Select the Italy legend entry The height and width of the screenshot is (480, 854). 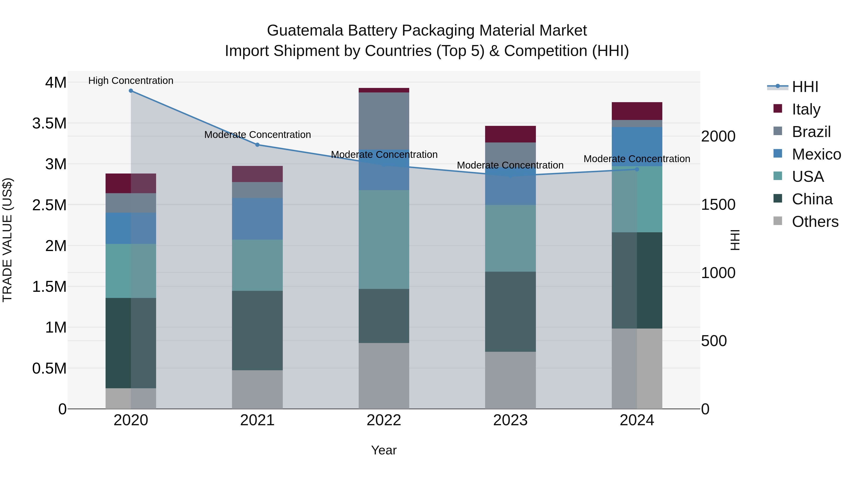806,109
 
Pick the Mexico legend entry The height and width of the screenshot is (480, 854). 816,154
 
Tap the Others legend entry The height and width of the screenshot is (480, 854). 815,222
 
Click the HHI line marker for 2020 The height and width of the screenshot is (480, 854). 131,91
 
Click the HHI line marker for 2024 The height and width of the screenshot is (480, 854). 637,169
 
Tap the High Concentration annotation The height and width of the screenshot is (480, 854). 131,81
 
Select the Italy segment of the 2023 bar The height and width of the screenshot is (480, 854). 510,134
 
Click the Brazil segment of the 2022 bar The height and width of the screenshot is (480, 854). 384,121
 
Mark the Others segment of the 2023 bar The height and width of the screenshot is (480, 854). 510,380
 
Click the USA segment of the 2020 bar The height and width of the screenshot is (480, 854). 131,271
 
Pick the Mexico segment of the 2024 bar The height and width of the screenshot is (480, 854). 637,146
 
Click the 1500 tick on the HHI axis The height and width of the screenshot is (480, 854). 718,205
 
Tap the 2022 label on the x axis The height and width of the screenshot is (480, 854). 384,420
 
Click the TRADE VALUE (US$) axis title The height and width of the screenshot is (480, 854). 7,240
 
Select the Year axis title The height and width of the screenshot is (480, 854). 384,450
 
